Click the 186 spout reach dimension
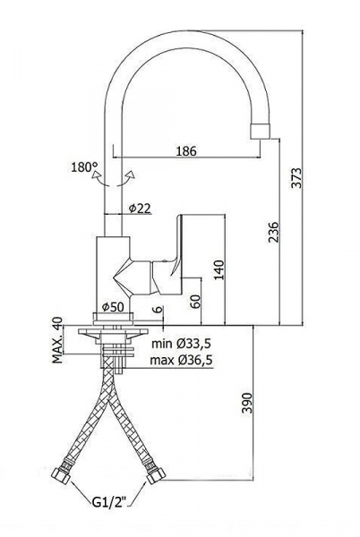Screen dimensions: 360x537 pos(186,150)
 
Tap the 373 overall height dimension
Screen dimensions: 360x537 pos(297,178)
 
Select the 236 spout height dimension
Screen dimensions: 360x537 pos(273,232)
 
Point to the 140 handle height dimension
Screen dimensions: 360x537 pos(219,270)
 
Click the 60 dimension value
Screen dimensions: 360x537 pos(195,302)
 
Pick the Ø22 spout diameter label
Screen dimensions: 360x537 pos(140,209)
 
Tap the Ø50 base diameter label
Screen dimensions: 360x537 pos(113,307)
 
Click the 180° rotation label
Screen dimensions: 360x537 pos(84,167)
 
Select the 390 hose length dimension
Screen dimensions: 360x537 pos(246,403)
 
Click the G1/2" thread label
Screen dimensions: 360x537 pos(109,502)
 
